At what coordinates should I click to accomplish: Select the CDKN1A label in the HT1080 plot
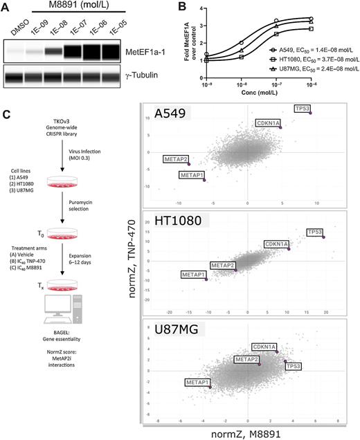click(x=276, y=244)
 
